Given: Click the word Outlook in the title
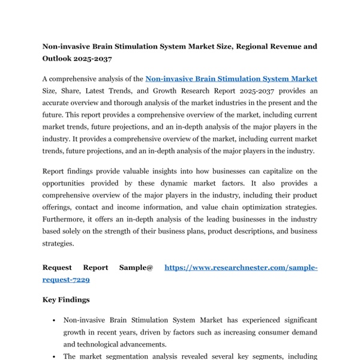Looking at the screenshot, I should click(60, 58).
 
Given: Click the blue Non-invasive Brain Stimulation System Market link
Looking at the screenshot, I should click(232, 79).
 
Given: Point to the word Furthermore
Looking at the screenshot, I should click(65, 220).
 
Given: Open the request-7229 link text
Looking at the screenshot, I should click(67, 280).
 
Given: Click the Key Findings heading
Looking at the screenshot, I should click(66, 299).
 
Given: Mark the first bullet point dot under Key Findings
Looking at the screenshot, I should click(54, 321).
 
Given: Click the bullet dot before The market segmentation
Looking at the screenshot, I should click(54, 357).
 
